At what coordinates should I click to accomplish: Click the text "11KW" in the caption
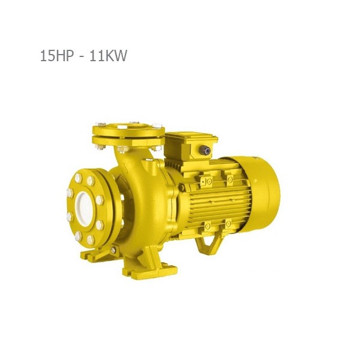108,56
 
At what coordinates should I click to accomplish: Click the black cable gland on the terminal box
205,151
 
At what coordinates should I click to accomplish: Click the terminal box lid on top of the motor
191,136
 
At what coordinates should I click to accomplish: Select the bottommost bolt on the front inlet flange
90,239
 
